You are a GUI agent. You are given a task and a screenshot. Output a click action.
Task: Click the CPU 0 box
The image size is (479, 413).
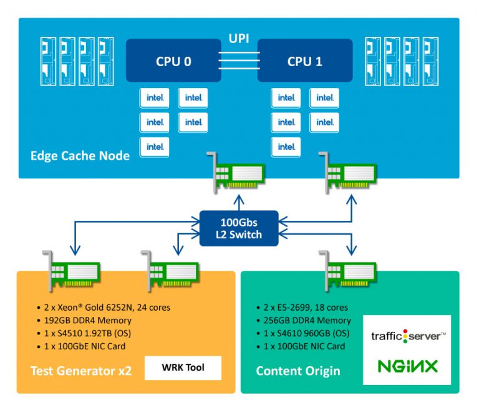coord(173,61)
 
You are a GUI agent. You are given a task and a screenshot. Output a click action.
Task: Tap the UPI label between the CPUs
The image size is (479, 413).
coord(239,39)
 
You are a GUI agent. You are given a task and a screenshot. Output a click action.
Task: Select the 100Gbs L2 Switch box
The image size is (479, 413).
coord(239,229)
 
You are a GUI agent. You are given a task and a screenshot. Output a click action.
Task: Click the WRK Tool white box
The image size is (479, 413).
coord(183,367)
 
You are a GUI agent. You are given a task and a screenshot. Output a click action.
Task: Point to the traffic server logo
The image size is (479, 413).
coord(408,336)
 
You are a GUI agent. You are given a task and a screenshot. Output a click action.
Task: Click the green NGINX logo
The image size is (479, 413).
coord(408,366)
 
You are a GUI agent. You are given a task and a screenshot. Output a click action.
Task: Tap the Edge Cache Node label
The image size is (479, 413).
coord(80,155)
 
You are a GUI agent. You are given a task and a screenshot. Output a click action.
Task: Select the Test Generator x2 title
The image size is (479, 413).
coord(81,371)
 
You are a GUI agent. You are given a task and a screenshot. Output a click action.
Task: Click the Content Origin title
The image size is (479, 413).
coord(298,371)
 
